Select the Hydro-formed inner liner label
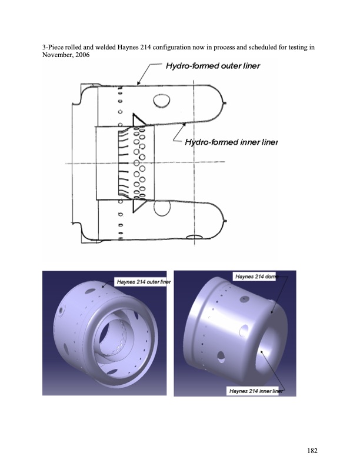pyautogui.click(x=231, y=142)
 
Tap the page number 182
pyautogui.click(x=312, y=451)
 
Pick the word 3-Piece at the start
pyautogui.click(x=55, y=46)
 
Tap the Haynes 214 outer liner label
pyautogui.click(x=144, y=282)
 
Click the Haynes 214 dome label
pyautogui.click(x=255, y=276)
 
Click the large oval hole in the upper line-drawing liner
pyautogui.click(x=161, y=103)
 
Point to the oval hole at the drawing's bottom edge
pyautogui.click(x=195, y=237)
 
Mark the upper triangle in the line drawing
pyautogui.click(x=139, y=121)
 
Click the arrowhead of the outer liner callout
pyautogui.click(x=139, y=84)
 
